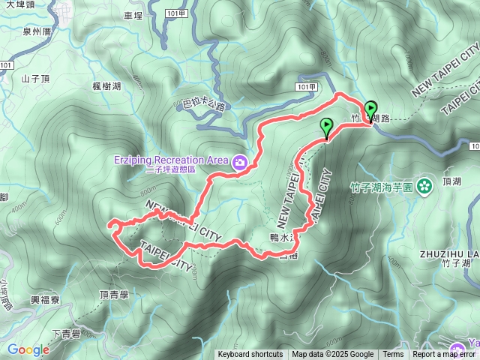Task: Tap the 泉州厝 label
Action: pyautogui.click(x=36, y=31)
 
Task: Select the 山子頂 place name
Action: pyautogui.click(x=35, y=77)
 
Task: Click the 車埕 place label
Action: pyautogui.click(x=133, y=15)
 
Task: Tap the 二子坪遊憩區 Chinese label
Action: pyautogui.click(x=171, y=170)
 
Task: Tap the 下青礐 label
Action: pyautogui.click(x=67, y=334)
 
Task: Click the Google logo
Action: pyautogui.click(x=28, y=349)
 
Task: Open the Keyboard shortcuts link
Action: pyautogui.click(x=250, y=355)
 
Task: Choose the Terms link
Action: pyautogui.click(x=393, y=355)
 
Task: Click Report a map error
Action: pyautogui.click(x=444, y=355)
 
